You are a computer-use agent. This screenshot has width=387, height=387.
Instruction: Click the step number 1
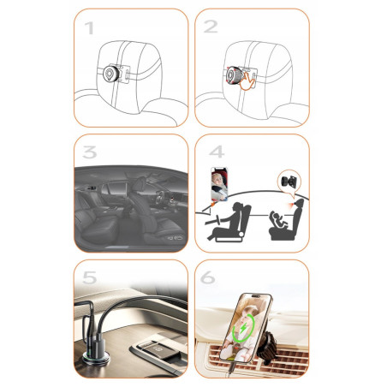(x=89, y=28)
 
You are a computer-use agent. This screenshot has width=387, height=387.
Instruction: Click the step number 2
(x=211, y=27)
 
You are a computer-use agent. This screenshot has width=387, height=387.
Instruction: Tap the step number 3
(x=90, y=152)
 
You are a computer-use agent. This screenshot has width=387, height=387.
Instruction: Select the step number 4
(x=217, y=152)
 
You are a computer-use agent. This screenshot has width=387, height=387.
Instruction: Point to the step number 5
(x=90, y=277)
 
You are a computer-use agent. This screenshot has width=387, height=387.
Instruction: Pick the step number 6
(x=208, y=277)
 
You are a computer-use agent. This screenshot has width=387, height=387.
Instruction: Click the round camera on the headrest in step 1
(x=110, y=74)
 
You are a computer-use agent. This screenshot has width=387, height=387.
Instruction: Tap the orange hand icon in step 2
(x=247, y=81)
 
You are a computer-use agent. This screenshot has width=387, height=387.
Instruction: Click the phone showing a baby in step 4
(x=219, y=184)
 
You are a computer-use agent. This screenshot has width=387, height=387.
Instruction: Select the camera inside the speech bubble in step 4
(x=289, y=182)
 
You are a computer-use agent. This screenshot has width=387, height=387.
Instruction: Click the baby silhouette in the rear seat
(x=279, y=220)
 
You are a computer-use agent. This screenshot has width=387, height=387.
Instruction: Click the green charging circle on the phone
(x=243, y=328)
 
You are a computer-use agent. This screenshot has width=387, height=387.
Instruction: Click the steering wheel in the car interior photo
(x=160, y=198)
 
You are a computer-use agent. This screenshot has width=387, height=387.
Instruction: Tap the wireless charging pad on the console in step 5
(x=159, y=349)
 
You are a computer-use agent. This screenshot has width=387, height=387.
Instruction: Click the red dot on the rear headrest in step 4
(x=293, y=205)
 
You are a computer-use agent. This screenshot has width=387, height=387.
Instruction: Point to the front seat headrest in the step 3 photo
(x=140, y=183)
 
